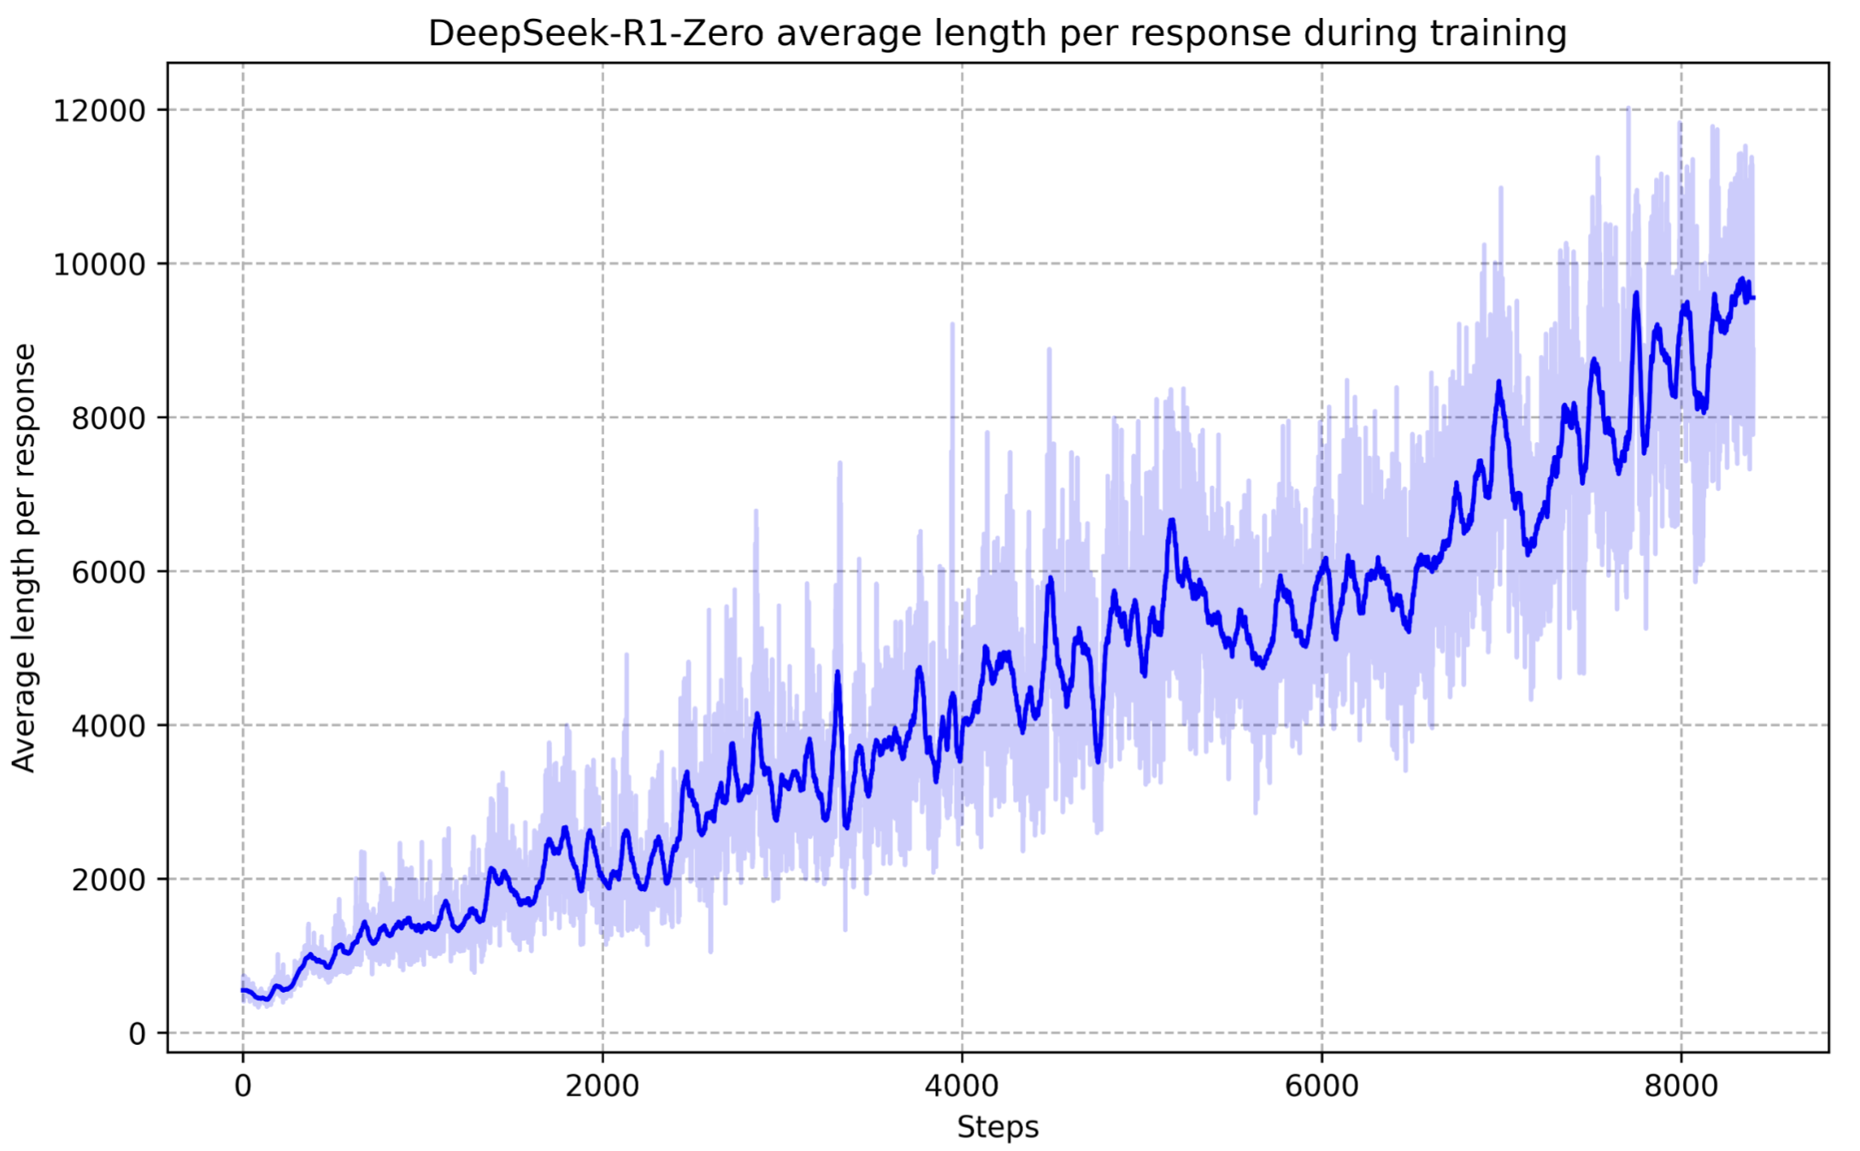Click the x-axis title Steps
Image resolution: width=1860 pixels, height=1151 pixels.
point(998,1127)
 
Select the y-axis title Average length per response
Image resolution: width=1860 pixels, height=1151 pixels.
point(24,558)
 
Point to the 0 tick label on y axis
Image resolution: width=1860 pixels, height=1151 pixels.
point(137,1034)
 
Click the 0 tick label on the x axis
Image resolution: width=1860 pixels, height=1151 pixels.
point(243,1086)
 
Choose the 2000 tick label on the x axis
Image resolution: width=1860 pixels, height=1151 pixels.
point(603,1086)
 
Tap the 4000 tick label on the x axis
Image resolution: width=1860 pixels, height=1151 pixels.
point(962,1086)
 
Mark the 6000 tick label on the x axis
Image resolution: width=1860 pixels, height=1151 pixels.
point(1321,1086)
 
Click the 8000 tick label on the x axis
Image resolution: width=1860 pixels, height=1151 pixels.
point(1681,1086)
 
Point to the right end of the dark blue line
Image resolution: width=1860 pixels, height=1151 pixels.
point(1753,298)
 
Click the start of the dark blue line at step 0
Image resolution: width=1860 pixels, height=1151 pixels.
point(244,990)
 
